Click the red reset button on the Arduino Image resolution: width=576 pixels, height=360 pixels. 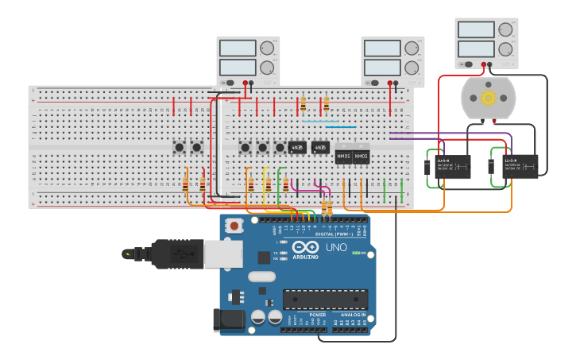pos(234,226)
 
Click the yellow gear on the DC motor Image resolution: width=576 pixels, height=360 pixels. pos(488,98)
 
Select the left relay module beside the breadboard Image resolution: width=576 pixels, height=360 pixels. pos(449,166)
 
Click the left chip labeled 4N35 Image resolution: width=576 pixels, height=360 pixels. pos(298,148)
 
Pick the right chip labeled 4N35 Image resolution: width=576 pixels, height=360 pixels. pos(320,148)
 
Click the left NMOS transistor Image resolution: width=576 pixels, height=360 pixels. pos(343,157)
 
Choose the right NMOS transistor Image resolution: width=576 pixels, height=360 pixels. pos(361,157)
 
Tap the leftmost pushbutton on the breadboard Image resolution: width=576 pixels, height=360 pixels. pos(180,147)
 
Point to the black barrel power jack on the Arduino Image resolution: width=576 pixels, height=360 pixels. pos(227,319)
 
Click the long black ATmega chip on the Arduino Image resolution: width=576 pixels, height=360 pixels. pos(326,299)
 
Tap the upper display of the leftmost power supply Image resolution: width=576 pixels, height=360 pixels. pos(238,48)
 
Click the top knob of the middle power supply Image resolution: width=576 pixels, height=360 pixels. pos(412,48)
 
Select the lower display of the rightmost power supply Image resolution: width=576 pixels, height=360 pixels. pos(476,48)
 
